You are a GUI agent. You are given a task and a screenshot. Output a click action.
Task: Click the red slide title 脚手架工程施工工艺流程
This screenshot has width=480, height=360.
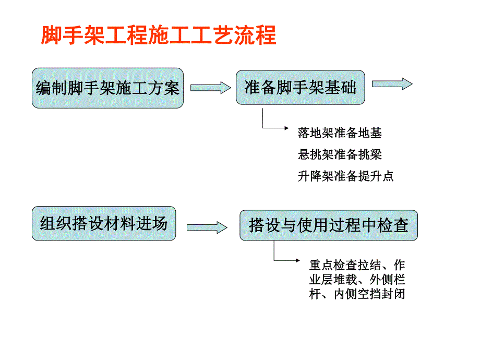[x=158, y=35]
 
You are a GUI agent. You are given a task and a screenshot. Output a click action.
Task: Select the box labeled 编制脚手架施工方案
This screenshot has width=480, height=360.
[x=107, y=88]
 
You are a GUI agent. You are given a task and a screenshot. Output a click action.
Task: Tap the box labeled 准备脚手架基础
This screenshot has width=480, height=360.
[x=300, y=88]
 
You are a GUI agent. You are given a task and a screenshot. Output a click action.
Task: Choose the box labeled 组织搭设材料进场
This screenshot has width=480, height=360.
[x=104, y=224]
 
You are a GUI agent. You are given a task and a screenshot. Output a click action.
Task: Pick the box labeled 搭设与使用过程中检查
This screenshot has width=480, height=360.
[x=328, y=225]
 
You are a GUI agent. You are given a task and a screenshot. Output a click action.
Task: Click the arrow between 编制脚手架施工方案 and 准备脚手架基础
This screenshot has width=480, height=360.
[x=210, y=88]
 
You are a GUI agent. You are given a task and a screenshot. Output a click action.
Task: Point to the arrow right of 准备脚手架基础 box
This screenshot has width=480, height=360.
[x=392, y=83]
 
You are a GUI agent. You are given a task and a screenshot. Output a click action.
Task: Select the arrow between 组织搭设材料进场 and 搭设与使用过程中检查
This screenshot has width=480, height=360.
[x=207, y=227]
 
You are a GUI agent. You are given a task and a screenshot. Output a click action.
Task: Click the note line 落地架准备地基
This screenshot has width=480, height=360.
[x=340, y=134]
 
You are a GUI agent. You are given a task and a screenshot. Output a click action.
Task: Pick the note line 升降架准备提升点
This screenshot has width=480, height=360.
[x=345, y=176]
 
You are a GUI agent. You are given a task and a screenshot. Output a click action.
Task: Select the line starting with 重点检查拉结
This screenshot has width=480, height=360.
[x=357, y=264]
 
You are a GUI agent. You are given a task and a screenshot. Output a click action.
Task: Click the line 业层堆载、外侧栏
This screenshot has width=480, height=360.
[x=357, y=279]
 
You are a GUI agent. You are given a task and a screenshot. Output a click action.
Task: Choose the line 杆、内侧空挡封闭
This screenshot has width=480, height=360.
[x=357, y=294]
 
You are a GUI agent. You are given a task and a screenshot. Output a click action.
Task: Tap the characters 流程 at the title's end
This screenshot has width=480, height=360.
[x=259, y=35]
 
